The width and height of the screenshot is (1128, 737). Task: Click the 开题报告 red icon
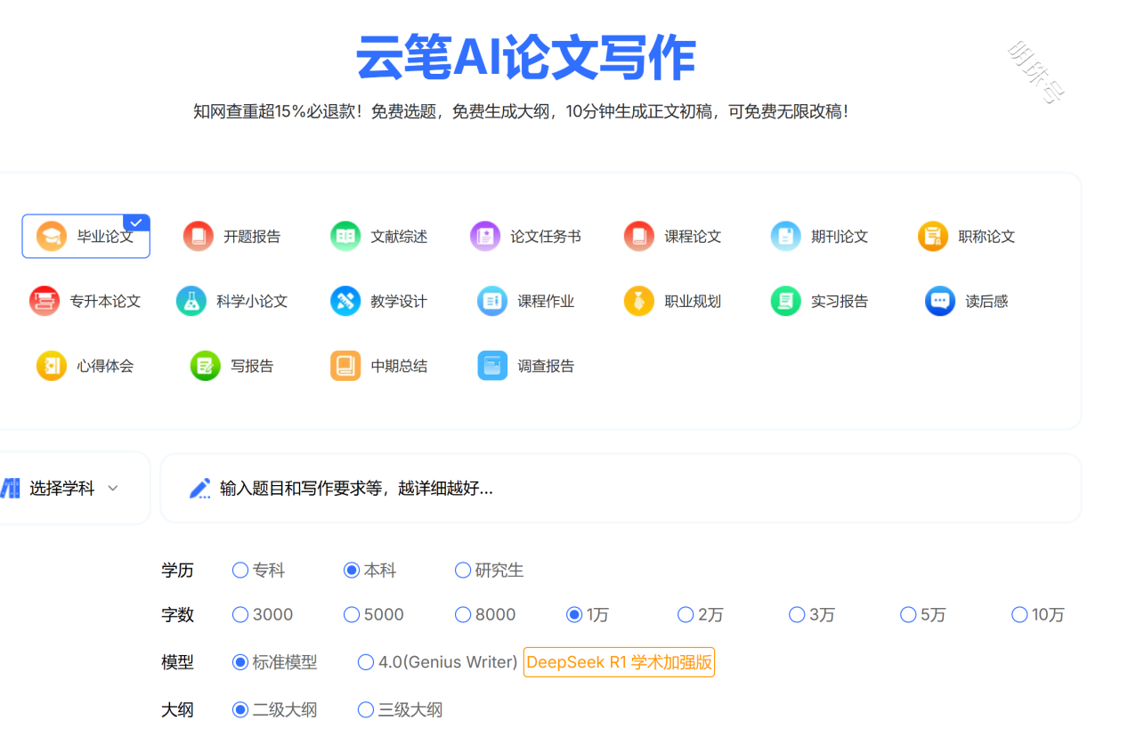(x=199, y=236)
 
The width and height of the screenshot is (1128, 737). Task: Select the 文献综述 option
(x=378, y=236)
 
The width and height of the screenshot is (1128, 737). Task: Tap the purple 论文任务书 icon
(x=485, y=236)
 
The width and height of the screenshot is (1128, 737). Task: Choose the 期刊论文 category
(x=819, y=236)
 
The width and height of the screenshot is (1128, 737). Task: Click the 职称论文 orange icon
(x=933, y=236)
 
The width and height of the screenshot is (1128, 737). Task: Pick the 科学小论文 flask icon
(x=191, y=301)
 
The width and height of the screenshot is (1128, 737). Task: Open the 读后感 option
(x=967, y=301)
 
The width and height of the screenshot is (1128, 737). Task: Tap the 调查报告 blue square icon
(x=492, y=366)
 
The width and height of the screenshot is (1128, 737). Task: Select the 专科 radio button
(x=240, y=571)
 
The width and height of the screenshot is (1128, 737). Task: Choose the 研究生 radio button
(x=463, y=571)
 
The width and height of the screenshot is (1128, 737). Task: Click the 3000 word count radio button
(x=240, y=615)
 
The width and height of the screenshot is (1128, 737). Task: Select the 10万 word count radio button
(x=1019, y=615)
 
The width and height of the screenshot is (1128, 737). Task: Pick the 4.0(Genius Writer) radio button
(x=366, y=662)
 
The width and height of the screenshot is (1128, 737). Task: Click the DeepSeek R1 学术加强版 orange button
(x=619, y=662)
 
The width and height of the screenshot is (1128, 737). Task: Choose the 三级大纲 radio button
(x=366, y=709)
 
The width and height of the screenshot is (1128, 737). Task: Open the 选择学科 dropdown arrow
(x=113, y=489)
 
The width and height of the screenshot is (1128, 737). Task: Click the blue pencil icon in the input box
(x=200, y=489)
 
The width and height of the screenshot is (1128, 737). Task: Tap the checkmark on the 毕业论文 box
(x=136, y=223)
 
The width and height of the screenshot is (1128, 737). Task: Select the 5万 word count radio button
(x=908, y=615)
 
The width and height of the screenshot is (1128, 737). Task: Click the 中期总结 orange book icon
(x=345, y=366)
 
